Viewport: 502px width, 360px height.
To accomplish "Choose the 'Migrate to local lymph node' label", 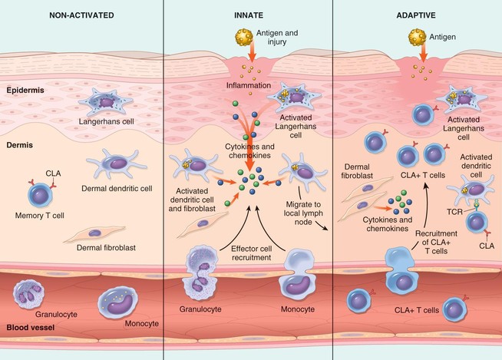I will click(x=314, y=206).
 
